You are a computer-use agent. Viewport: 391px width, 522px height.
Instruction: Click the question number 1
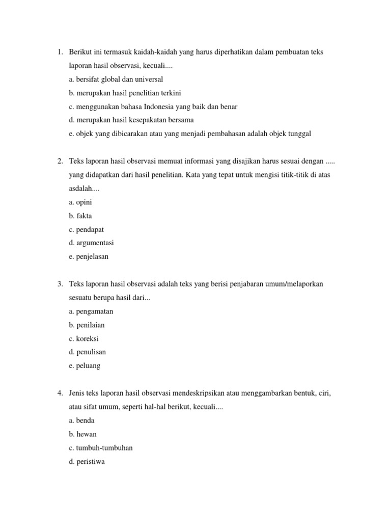[59, 53]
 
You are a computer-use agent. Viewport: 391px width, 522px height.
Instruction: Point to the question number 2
[59, 162]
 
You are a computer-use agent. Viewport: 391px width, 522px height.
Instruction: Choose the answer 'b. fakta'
[80, 216]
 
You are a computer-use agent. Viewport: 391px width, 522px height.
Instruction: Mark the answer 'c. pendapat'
[87, 229]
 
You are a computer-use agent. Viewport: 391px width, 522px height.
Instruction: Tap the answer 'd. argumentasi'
[92, 243]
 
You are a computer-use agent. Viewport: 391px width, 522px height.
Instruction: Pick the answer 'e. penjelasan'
[89, 256]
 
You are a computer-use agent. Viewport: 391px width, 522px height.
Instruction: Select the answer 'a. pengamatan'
[91, 311]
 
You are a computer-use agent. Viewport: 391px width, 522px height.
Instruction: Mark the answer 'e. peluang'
[85, 366]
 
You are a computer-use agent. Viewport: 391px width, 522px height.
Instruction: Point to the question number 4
[59, 394]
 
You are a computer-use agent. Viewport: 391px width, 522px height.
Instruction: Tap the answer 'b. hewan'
[82, 434]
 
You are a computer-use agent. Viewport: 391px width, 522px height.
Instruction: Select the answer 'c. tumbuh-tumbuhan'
[101, 448]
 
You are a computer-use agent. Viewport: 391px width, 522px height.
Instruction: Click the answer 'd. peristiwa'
[87, 461]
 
